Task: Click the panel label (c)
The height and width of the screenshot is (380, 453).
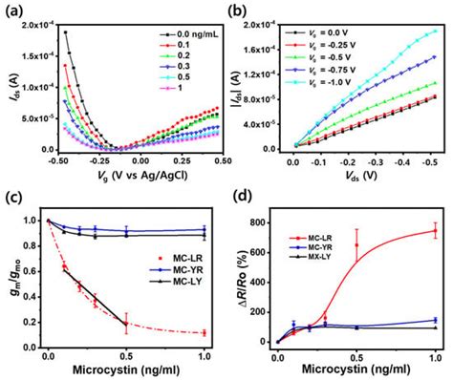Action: [13, 198]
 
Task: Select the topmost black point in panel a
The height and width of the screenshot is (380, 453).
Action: [67, 32]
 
